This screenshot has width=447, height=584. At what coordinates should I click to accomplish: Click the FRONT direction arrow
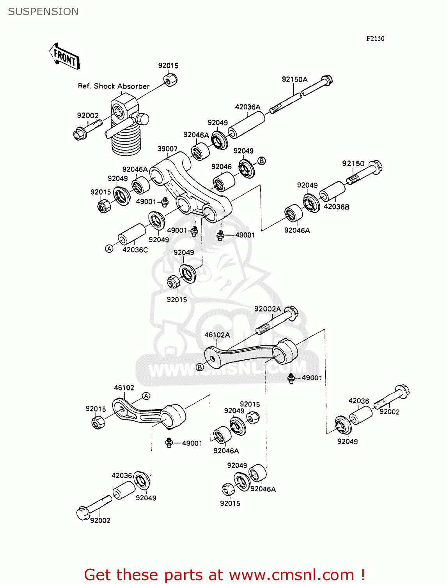pos(65,57)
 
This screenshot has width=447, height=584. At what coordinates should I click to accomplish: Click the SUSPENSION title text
pos(43,12)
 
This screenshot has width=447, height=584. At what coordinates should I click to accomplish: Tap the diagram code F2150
pos(375,38)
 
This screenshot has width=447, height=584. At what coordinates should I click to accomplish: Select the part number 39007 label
pos(167,149)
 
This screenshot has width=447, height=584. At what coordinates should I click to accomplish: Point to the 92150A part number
pos(294,79)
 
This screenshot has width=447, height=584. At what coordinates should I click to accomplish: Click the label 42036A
pos(248,107)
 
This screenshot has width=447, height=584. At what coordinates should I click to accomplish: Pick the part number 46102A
pos(217,334)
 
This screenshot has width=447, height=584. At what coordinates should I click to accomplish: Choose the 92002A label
pos(267,309)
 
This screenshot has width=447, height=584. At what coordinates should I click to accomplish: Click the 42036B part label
pos(337,207)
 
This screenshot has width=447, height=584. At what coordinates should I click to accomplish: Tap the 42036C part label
pos(135,250)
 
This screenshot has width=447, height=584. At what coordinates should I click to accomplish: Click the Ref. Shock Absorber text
pos(114,86)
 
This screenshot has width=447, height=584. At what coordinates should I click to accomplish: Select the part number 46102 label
pos(124,387)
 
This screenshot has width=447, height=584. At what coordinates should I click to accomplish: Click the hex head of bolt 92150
pos(375,167)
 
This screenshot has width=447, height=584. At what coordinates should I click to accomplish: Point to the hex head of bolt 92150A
pos(326,81)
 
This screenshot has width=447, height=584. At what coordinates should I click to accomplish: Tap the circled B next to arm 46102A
pos(200,367)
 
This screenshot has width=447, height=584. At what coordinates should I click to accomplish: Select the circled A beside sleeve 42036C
pos(109,249)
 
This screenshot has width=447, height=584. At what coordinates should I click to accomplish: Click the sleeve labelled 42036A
pos(247,125)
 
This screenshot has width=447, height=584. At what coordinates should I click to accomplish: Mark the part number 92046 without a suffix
pos(222,167)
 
